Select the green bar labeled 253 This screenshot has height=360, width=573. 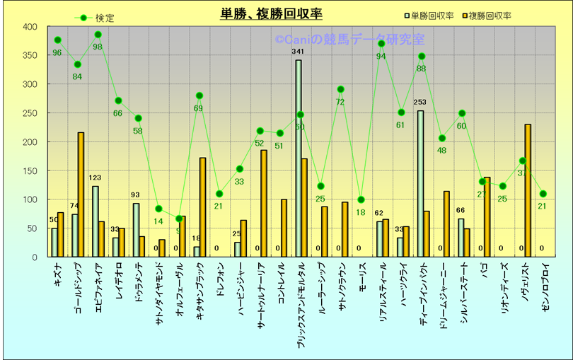[x=421, y=184]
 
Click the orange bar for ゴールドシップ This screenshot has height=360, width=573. [x=81, y=194]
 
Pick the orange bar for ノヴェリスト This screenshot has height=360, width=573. [x=528, y=190]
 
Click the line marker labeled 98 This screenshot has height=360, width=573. [x=98, y=35]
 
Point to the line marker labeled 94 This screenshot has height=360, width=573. [x=381, y=44]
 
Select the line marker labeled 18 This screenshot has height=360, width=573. [x=361, y=199]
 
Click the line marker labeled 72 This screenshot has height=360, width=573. [x=340, y=90]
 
